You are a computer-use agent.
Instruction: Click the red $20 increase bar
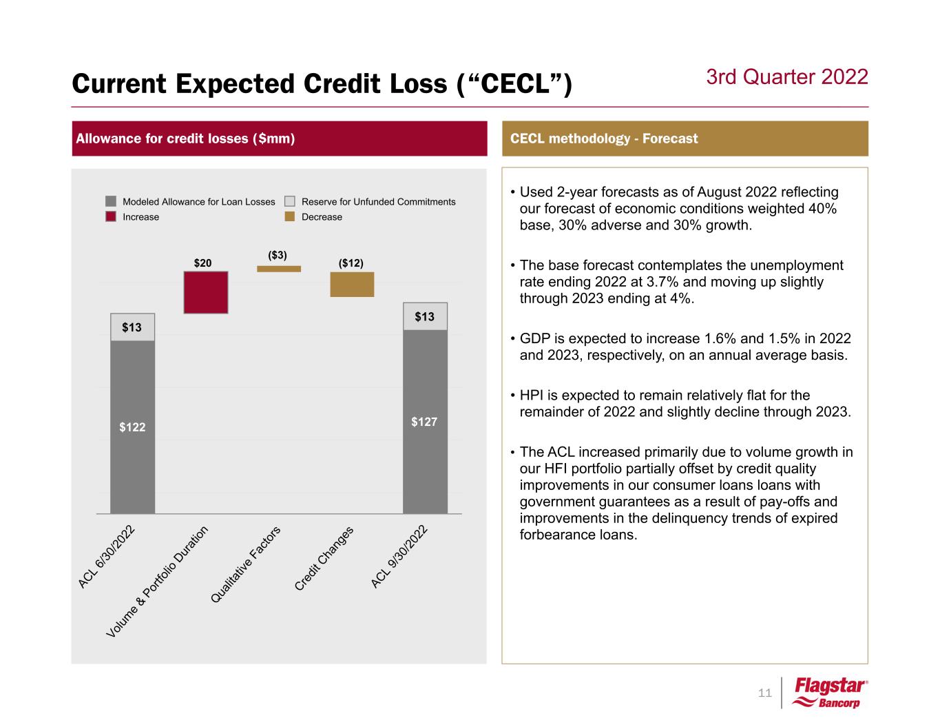tap(206, 292)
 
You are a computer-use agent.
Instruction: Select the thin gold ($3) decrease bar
tap(279, 269)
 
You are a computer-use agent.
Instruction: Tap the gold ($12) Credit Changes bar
tap(352, 285)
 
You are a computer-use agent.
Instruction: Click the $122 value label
tap(132, 427)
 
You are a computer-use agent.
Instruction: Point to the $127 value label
tap(424, 422)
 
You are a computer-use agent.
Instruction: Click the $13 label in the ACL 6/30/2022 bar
tap(132, 327)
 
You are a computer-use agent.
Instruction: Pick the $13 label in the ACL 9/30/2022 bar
tap(424, 317)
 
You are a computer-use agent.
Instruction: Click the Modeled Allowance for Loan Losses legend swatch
tap(112, 201)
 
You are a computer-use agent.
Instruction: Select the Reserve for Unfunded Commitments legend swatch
tap(290, 201)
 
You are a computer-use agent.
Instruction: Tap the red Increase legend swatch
tap(112, 216)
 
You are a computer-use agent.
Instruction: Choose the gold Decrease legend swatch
tap(290, 216)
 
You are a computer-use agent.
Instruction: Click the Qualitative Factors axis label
tap(246, 565)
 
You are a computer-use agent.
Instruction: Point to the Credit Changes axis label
tap(324, 558)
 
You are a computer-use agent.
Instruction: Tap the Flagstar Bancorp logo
tap(831, 693)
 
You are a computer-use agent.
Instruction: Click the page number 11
tap(764, 693)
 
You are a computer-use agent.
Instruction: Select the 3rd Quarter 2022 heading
tap(787, 76)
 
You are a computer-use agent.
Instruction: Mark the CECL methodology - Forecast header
tap(604, 139)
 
